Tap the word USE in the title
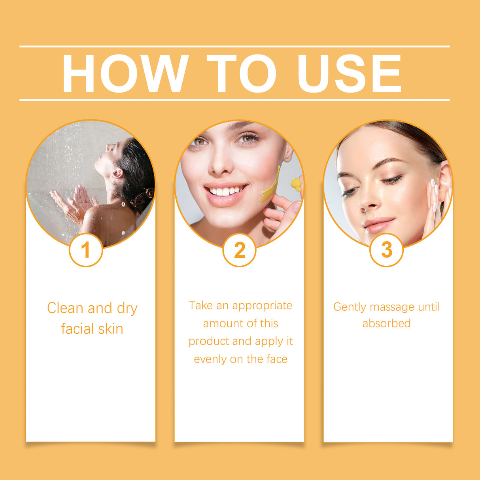click(x=350, y=74)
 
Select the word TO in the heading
click(x=241, y=74)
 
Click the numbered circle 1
click(x=86, y=250)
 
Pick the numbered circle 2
click(x=240, y=250)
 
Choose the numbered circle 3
click(x=387, y=250)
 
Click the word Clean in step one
click(x=65, y=308)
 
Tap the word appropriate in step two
click(x=262, y=306)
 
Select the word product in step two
click(x=208, y=342)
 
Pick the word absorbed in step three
click(x=386, y=323)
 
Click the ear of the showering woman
click(x=117, y=174)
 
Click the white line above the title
click(x=234, y=46)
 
